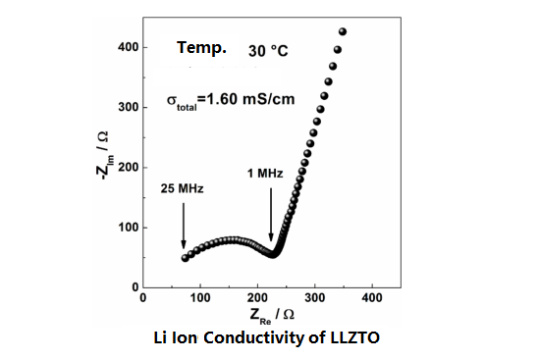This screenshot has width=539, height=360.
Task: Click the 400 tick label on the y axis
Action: tap(127, 47)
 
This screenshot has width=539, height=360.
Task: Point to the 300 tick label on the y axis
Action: tap(127, 107)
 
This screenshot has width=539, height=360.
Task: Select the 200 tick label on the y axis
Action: tap(127, 167)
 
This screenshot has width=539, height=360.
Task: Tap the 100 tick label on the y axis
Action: tap(127, 227)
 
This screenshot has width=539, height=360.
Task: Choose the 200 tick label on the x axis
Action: tap(257, 297)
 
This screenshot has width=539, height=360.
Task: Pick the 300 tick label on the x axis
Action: tap(314, 297)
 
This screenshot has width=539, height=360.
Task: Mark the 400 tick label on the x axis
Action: tap(372, 297)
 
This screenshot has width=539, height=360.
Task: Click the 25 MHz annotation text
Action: tap(177, 187)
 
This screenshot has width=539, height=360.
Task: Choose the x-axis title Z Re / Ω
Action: tap(271, 316)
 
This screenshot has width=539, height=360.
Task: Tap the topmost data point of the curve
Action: tap(343, 32)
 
